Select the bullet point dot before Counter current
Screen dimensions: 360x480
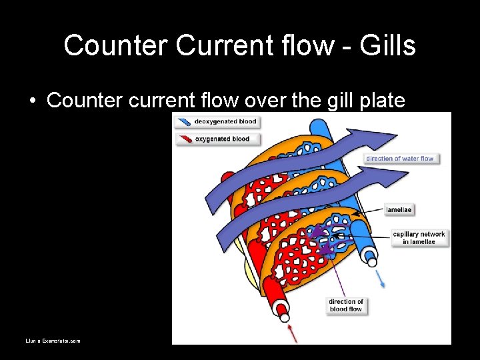click(x=32, y=101)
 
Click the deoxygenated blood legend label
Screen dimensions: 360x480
click(x=225, y=122)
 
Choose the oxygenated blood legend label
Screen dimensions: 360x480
click(x=222, y=139)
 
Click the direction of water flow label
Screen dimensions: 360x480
click(x=400, y=159)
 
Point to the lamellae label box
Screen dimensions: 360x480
click(x=399, y=209)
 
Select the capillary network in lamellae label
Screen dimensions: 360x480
click(x=419, y=238)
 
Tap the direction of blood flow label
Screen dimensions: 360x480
click(x=346, y=305)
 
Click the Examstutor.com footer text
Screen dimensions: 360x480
click(x=53, y=341)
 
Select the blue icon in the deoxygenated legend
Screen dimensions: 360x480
click(x=183, y=122)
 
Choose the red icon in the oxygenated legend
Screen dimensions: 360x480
click(x=183, y=139)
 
